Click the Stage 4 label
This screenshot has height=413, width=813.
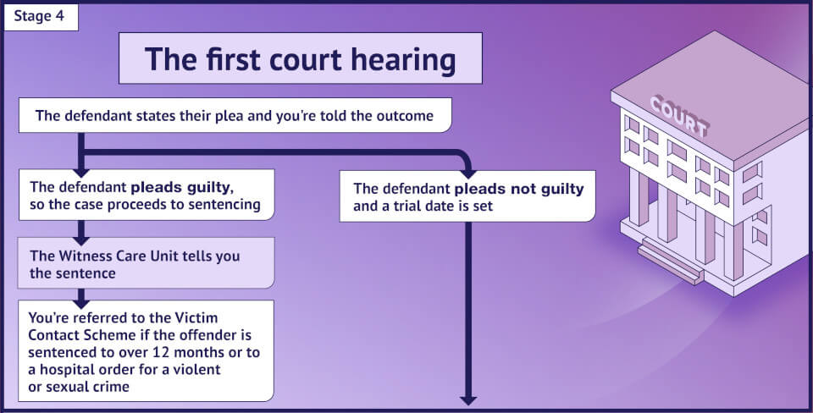click(x=41, y=15)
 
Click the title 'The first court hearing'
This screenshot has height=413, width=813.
click(x=300, y=58)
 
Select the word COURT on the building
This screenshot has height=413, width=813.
click(x=678, y=116)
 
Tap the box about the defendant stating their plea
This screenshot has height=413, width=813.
click(x=235, y=116)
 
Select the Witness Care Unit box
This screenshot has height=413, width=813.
click(x=147, y=263)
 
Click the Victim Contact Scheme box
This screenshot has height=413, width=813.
click(x=147, y=350)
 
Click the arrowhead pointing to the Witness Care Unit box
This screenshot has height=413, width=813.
click(x=81, y=231)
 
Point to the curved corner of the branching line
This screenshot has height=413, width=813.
click(x=462, y=157)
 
